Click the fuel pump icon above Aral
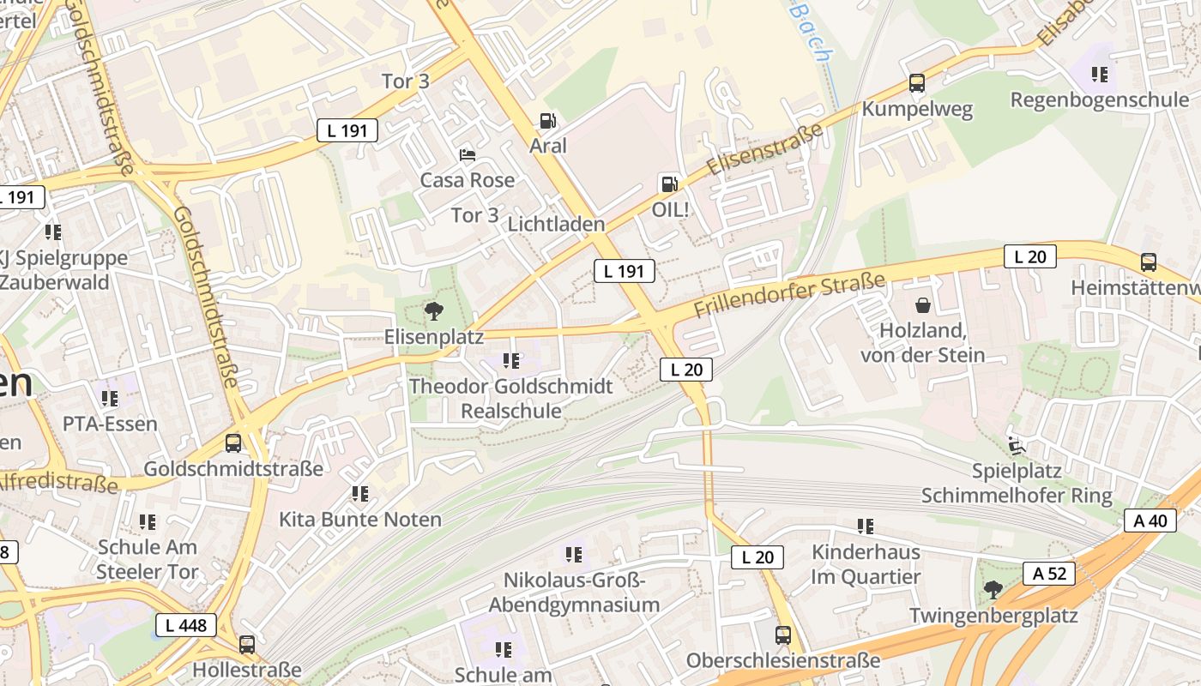click(x=547, y=122)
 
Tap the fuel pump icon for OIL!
click(x=668, y=184)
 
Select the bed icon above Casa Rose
click(x=468, y=155)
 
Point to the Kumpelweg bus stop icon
click(x=917, y=84)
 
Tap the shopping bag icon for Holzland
click(x=923, y=305)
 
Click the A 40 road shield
click(x=1150, y=521)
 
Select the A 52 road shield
click(x=1049, y=574)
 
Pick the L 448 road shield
click(x=186, y=625)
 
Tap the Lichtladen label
click(x=556, y=224)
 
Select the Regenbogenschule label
click(x=1099, y=99)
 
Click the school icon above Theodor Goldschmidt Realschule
click(x=511, y=361)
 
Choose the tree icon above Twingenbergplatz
click(x=993, y=590)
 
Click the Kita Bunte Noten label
click(x=360, y=519)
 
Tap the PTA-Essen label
click(x=110, y=424)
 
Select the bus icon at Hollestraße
click(x=247, y=644)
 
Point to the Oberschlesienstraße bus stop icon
click(x=783, y=635)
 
